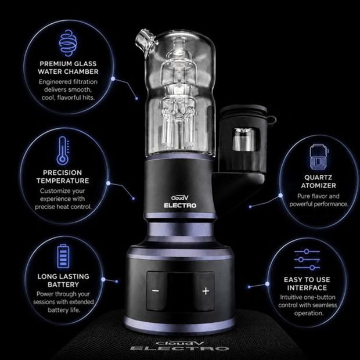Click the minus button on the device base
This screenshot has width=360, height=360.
coord(156,291)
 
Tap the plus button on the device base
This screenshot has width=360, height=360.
coord(206,291)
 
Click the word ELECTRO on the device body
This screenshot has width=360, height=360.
coord(180,206)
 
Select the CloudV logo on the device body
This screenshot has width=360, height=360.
coord(180,197)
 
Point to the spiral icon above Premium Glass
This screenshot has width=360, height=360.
coord(68,43)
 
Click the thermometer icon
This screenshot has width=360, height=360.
coord(63,150)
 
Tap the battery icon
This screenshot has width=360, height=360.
coord(63,257)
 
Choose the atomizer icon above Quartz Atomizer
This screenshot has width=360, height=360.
coord(318,157)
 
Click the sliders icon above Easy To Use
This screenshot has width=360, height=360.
coord(307,260)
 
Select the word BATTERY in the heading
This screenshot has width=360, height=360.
coord(63,285)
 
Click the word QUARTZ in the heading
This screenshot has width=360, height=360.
coord(318,178)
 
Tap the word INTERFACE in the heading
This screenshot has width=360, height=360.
coord(307,287)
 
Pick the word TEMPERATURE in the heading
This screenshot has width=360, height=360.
coord(63,181)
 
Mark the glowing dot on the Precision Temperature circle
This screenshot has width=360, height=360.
coord(109,183)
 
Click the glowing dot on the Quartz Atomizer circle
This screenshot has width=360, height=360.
coord(280,195)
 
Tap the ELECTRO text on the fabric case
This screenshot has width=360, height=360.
coord(179,348)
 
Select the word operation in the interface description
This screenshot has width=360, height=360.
coord(309,313)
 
